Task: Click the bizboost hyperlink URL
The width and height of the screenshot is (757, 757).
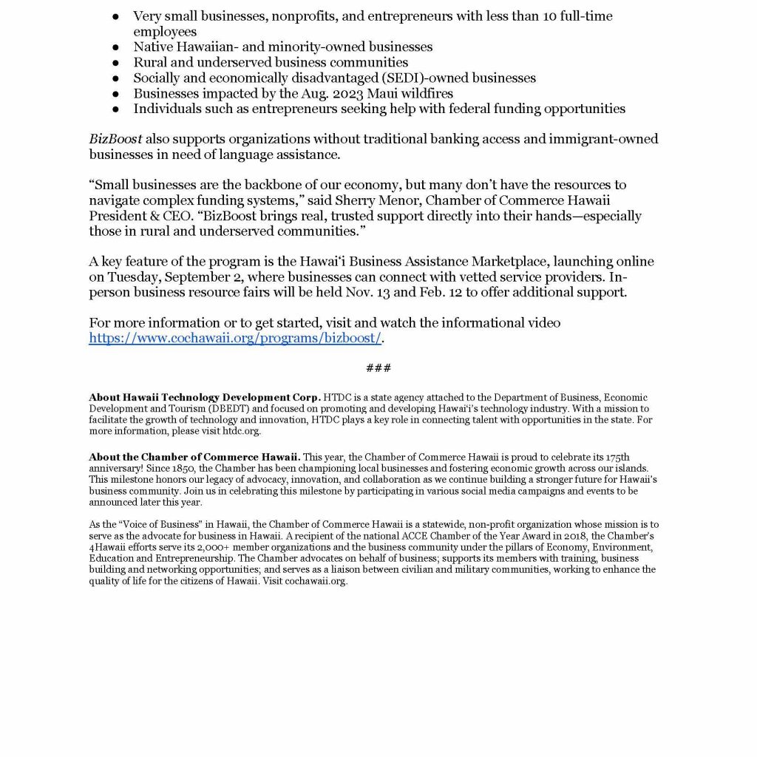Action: [235, 339]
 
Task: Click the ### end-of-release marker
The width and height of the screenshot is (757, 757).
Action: [378, 368]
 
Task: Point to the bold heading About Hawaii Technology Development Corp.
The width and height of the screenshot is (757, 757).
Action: [205, 398]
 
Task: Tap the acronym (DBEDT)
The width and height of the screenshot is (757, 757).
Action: [191, 408]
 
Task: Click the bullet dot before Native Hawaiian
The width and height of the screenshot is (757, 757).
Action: [116, 47]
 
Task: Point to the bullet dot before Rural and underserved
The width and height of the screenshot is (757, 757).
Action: [116, 62]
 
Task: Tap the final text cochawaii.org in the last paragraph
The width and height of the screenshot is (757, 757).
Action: [319, 581]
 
